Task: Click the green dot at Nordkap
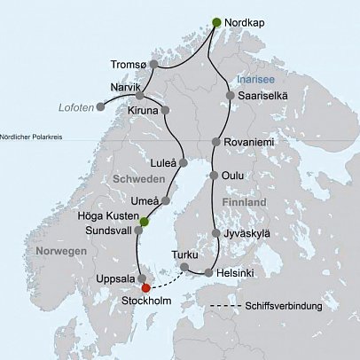217,22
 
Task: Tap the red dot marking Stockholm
146,286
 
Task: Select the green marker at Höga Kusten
144,221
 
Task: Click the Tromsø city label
123,64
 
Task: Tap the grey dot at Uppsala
141,278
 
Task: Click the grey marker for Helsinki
209,273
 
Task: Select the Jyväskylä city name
249,234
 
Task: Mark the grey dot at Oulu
214,175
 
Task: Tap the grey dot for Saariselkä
231,96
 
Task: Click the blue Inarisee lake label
254,78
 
